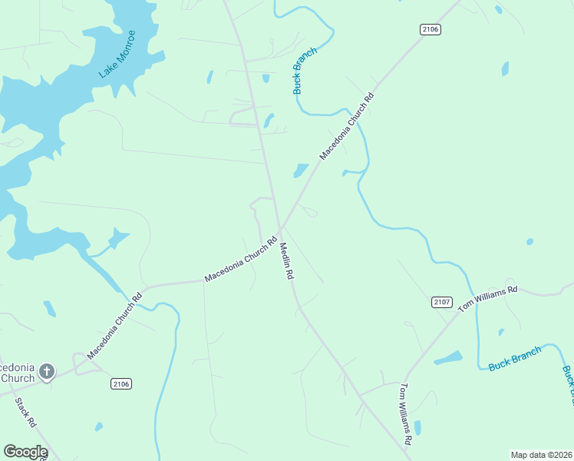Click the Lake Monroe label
tap(117, 55)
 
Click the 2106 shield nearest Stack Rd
tap(121, 383)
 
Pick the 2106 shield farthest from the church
tap(430, 29)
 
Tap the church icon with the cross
tap(47, 373)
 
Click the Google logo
tap(25, 452)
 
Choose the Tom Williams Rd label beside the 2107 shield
tap(488, 298)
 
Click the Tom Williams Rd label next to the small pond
tap(406, 414)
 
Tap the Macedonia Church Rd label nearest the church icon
tap(115, 327)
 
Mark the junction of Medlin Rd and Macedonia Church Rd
tap(281, 228)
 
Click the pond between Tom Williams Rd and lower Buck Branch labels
tap(448, 358)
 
